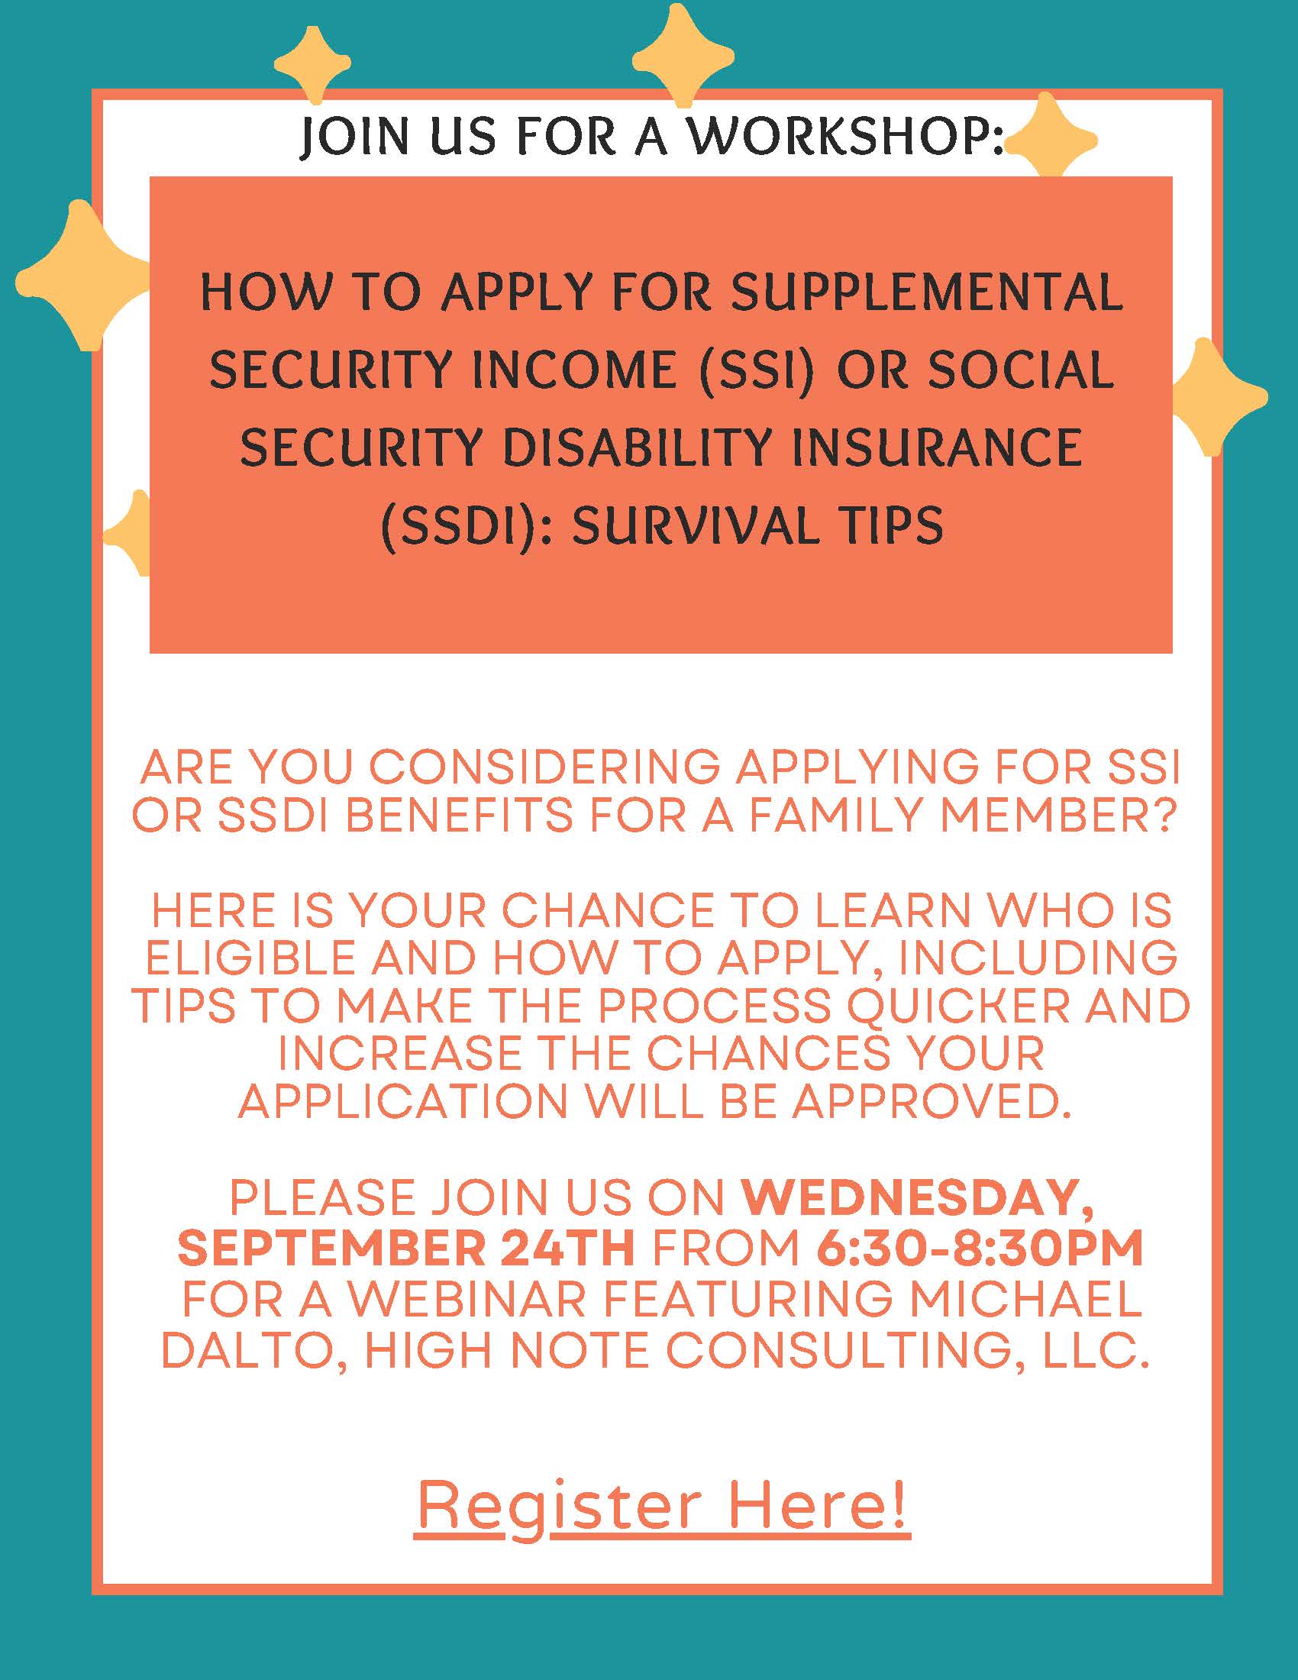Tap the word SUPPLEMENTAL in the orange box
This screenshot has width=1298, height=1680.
coord(927,293)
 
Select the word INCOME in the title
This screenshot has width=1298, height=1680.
coord(573,370)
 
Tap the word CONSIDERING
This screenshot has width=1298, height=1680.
coord(545,767)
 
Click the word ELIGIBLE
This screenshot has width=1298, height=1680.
coord(250,958)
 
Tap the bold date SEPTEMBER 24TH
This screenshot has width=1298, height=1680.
coord(406,1248)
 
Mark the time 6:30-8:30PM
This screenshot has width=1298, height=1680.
coord(979,1248)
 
